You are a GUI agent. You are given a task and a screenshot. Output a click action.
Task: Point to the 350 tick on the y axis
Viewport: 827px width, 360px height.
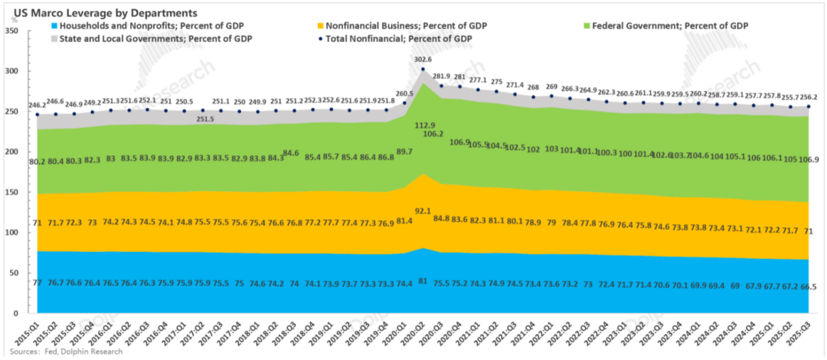11,31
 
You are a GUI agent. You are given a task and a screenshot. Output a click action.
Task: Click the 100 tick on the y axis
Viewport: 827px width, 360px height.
11,233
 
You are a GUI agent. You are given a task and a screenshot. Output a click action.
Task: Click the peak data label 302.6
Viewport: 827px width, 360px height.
423,59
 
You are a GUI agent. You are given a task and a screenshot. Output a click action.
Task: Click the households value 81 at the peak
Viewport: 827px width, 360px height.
423,281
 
